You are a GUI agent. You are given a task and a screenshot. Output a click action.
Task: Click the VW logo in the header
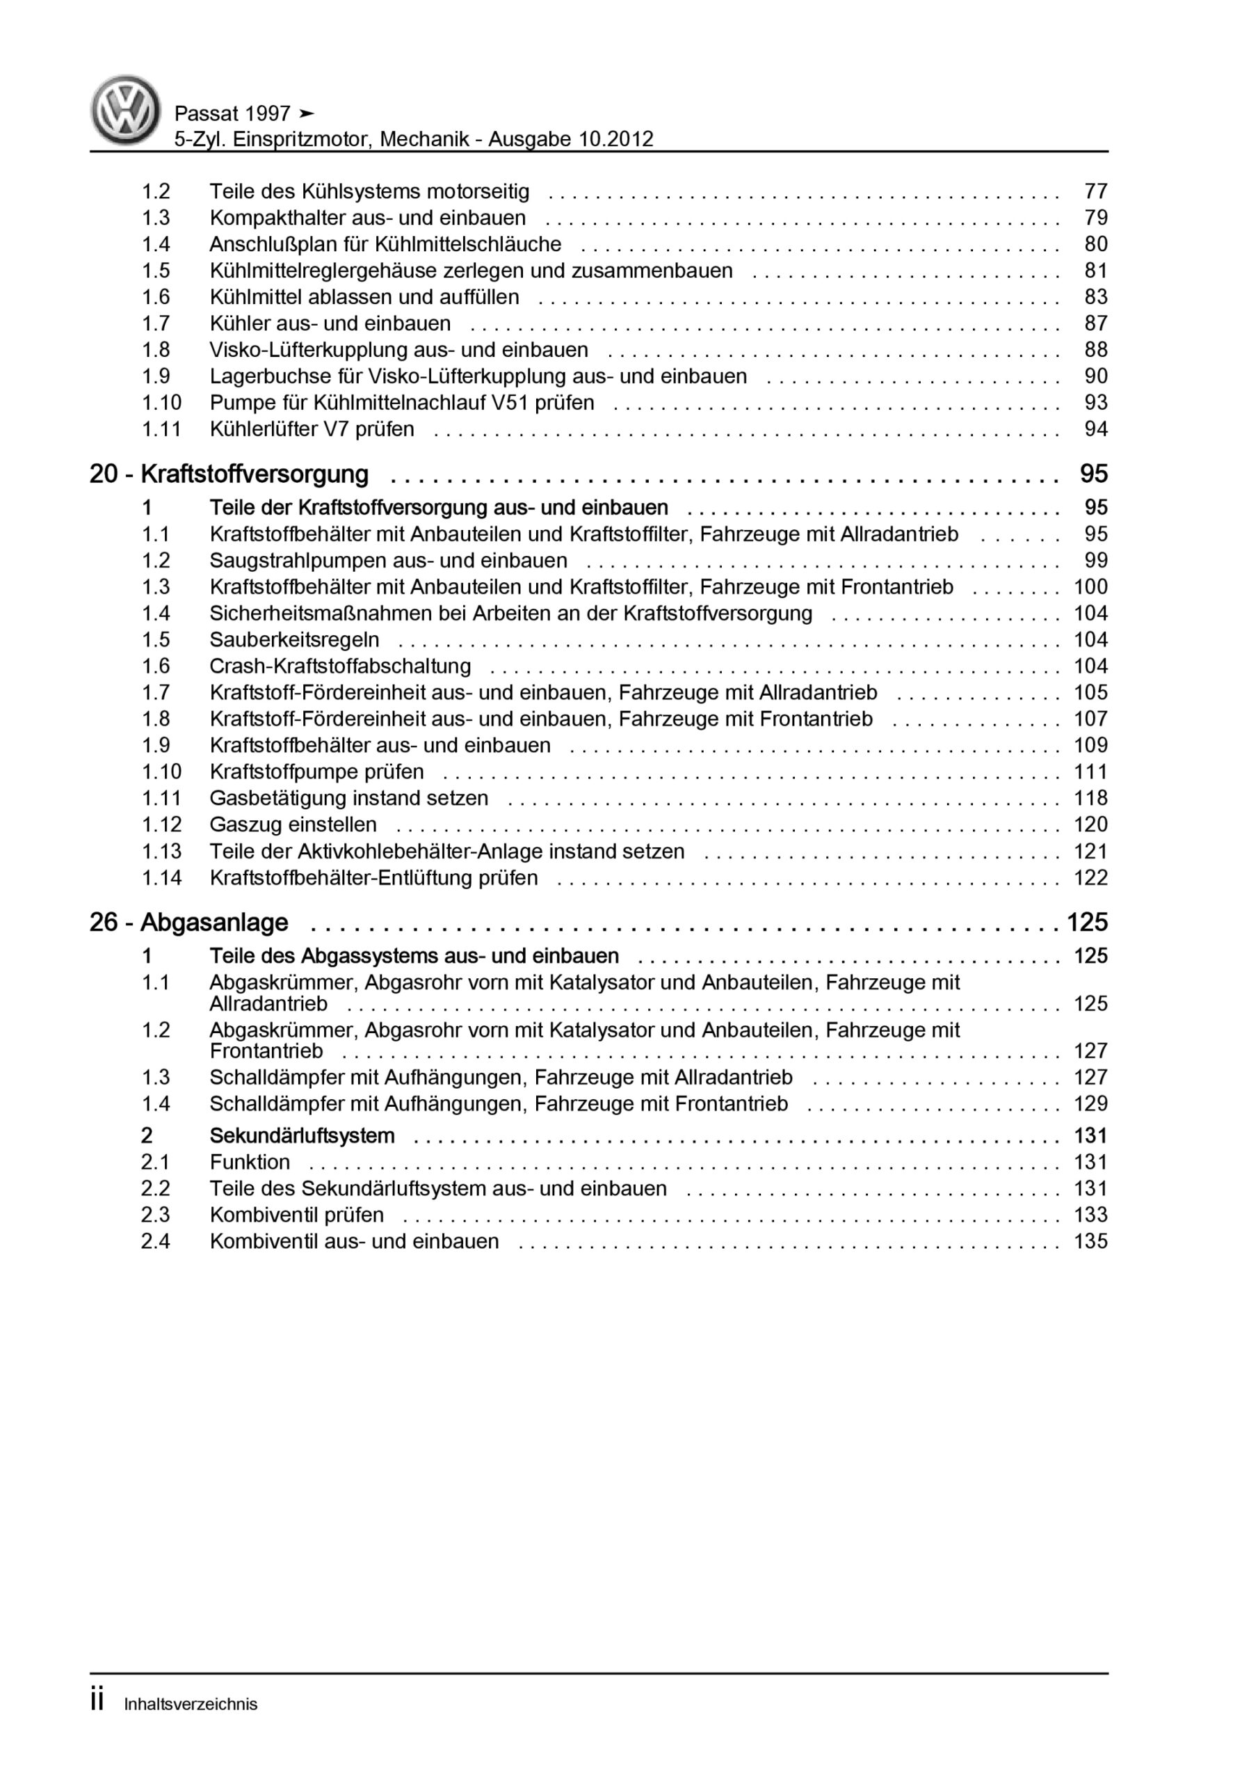[x=125, y=110]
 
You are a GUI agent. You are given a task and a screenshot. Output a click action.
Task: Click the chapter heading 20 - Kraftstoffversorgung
[x=229, y=474]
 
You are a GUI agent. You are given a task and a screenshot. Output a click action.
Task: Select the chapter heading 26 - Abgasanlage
[x=188, y=923]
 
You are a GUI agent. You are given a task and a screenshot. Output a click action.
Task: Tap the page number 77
[x=1095, y=191]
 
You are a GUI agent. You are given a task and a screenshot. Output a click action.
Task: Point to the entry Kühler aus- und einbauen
[x=330, y=324]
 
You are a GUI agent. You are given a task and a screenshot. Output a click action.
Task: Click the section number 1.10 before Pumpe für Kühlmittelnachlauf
[x=161, y=403]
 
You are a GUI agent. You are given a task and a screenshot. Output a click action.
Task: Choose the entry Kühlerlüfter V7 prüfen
[x=312, y=429]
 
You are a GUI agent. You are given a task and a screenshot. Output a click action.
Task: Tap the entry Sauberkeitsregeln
[x=294, y=640]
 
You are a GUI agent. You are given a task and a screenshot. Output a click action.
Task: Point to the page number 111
[x=1090, y=772]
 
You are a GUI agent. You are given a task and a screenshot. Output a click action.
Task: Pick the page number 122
[x=1090, y=878]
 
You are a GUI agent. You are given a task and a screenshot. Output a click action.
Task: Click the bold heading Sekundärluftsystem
[x=302, y=1135]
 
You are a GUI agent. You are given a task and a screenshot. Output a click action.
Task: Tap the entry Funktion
[x=249, y=1162]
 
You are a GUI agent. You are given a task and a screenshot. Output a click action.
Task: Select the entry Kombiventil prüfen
[x=296, y=1215]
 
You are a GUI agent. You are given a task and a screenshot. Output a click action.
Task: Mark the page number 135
[x=1090, y=1241]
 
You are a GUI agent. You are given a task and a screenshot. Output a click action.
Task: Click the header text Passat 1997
[x=232, y=114]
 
